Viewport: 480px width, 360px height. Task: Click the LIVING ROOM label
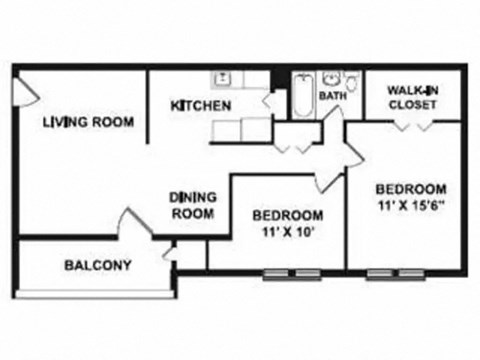click(x=89, y=123)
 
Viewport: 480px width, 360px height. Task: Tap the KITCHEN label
click(x=201, y=106)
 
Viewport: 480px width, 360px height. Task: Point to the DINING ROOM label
click(x=192, y=205)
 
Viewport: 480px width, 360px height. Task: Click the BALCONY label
click(x=98, y=265)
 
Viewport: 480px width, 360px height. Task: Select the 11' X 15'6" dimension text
click(x=410, y=206)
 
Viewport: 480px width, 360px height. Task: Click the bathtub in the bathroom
click(x=302, y=95)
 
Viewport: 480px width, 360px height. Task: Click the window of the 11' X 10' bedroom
click(x=291, y=273)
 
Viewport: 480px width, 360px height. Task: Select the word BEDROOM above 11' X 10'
click(x=287, y=215)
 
